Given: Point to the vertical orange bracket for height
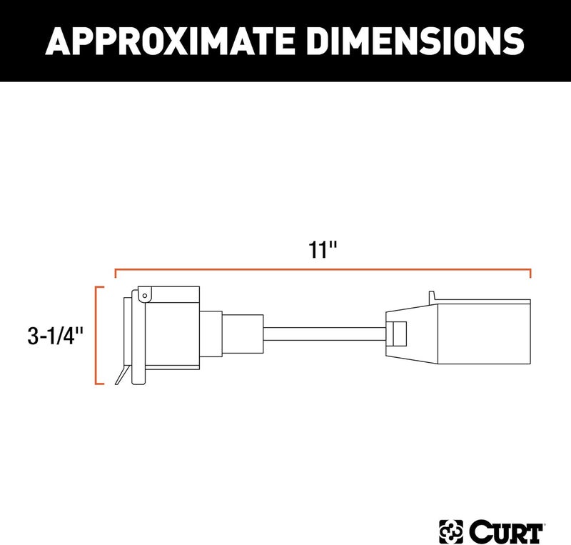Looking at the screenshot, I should pyautogui.click(x=96, y=336).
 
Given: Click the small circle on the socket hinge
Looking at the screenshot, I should pyautogui.click(x=143, y=294).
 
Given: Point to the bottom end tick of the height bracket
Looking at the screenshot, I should pyautogui.click(x=100, y=384).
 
